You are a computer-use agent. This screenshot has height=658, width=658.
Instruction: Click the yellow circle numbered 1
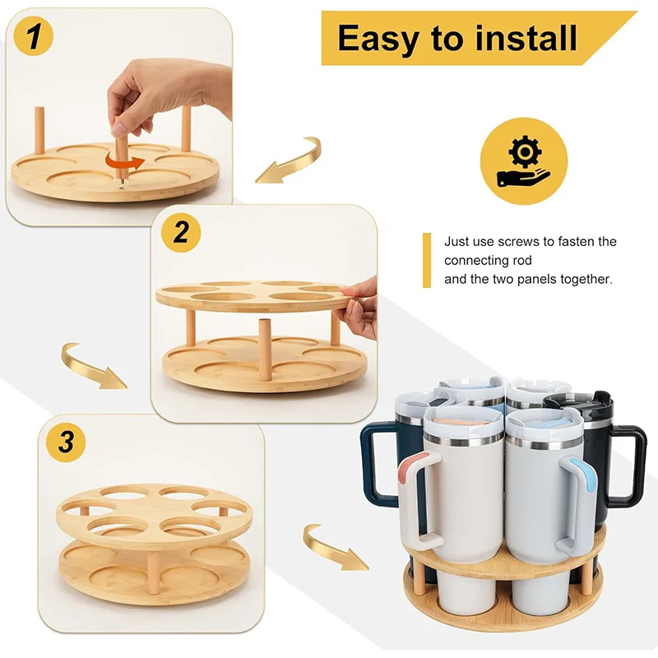[x=35, y=37]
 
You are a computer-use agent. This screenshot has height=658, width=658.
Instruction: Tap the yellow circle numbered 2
[x=181, y=233]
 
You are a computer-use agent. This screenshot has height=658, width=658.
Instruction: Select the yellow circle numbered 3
[x=69, y=443]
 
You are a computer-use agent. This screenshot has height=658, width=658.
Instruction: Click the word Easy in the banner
[x=378, y=39]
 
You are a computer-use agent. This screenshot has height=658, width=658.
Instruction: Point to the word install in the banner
[x=527, y=39]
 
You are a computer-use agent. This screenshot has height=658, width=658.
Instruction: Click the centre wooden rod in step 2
[x=266, y=349]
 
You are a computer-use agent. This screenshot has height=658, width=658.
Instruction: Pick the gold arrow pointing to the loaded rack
[x=334, y=546]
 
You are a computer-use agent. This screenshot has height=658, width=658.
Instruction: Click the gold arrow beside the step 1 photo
[x=288, y=160]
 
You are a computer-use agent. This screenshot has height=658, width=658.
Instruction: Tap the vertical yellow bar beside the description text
[x=427, y=261]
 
